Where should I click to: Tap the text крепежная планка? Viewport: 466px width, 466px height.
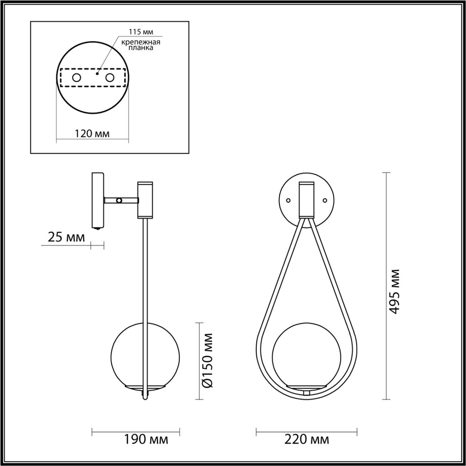141,45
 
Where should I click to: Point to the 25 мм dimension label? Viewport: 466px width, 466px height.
67,238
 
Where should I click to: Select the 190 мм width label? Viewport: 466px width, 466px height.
145,439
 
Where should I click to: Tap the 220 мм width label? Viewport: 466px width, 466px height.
306,439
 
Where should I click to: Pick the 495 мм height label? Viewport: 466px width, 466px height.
394,292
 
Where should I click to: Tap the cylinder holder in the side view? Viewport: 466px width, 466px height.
144,200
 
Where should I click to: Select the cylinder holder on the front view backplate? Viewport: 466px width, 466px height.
307,199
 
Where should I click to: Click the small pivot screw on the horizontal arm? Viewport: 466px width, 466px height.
120,200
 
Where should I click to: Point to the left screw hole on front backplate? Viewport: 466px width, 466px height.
288,200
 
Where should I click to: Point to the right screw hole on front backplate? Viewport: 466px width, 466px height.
325,200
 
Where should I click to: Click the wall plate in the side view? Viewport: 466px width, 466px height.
98,200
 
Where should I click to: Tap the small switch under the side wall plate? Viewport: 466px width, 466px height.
97,229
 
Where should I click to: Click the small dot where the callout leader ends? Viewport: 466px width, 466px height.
96,73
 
